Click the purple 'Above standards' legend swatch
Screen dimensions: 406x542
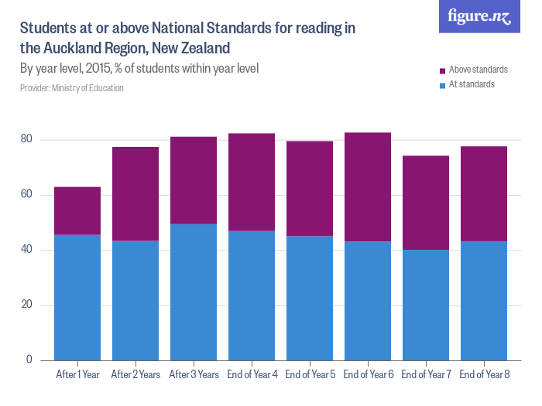coord(442,70)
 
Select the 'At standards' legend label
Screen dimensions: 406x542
coord(472,84)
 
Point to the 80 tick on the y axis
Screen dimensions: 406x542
coord(27,140)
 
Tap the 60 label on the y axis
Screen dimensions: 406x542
coord(27,195)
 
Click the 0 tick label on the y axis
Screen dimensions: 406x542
coord(29,360)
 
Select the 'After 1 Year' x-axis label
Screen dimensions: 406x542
coord(77,375)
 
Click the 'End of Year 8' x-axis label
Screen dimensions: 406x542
coord(484,375)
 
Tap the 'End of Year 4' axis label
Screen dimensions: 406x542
coord(252,375)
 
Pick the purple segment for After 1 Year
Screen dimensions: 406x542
coord(77,210)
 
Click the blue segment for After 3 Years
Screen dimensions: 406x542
coord(194,292)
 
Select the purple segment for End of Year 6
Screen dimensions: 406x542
coord(368,187)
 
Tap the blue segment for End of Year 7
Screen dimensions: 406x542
coord(426,304)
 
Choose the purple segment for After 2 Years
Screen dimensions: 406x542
coord(135,193)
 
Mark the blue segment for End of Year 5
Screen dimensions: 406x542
coord(310,298)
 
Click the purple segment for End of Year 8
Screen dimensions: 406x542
coord(484,193)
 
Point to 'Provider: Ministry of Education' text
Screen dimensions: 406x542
coord(71,88)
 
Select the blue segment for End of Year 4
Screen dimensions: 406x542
coord(252,295)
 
